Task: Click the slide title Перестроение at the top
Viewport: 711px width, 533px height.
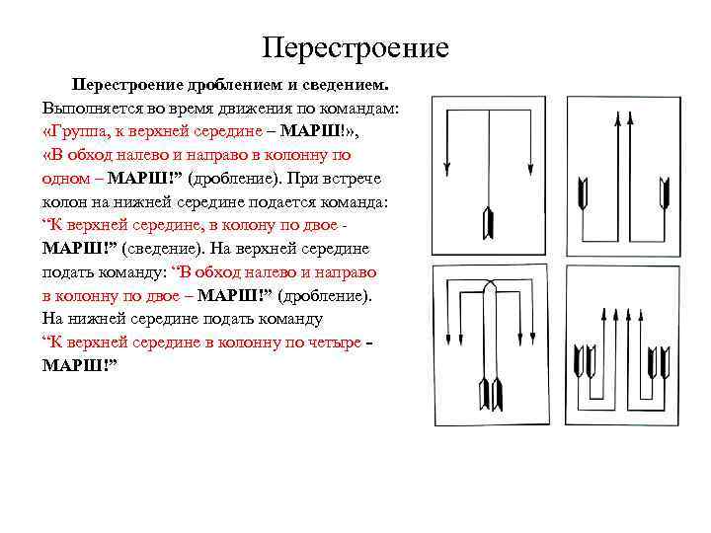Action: (355, 46)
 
